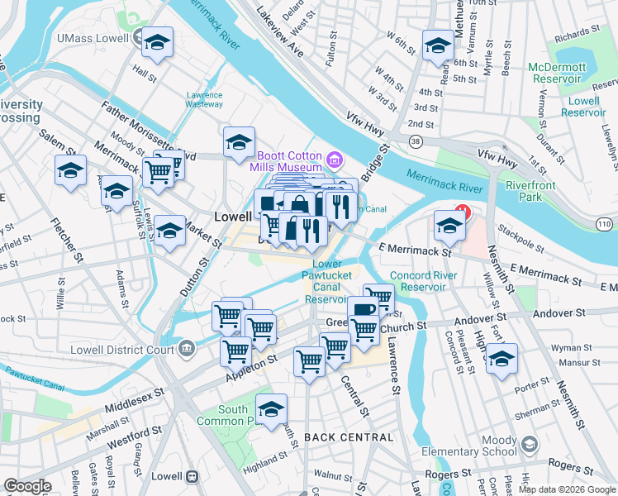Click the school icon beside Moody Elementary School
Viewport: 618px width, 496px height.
click(529, 445)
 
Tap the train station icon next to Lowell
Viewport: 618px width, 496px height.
click(193, 477)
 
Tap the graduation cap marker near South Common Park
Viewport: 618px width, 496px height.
click(271, 408)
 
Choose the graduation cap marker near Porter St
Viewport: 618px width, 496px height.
click(501, 359)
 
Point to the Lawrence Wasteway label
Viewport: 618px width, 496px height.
click(203, 100)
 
